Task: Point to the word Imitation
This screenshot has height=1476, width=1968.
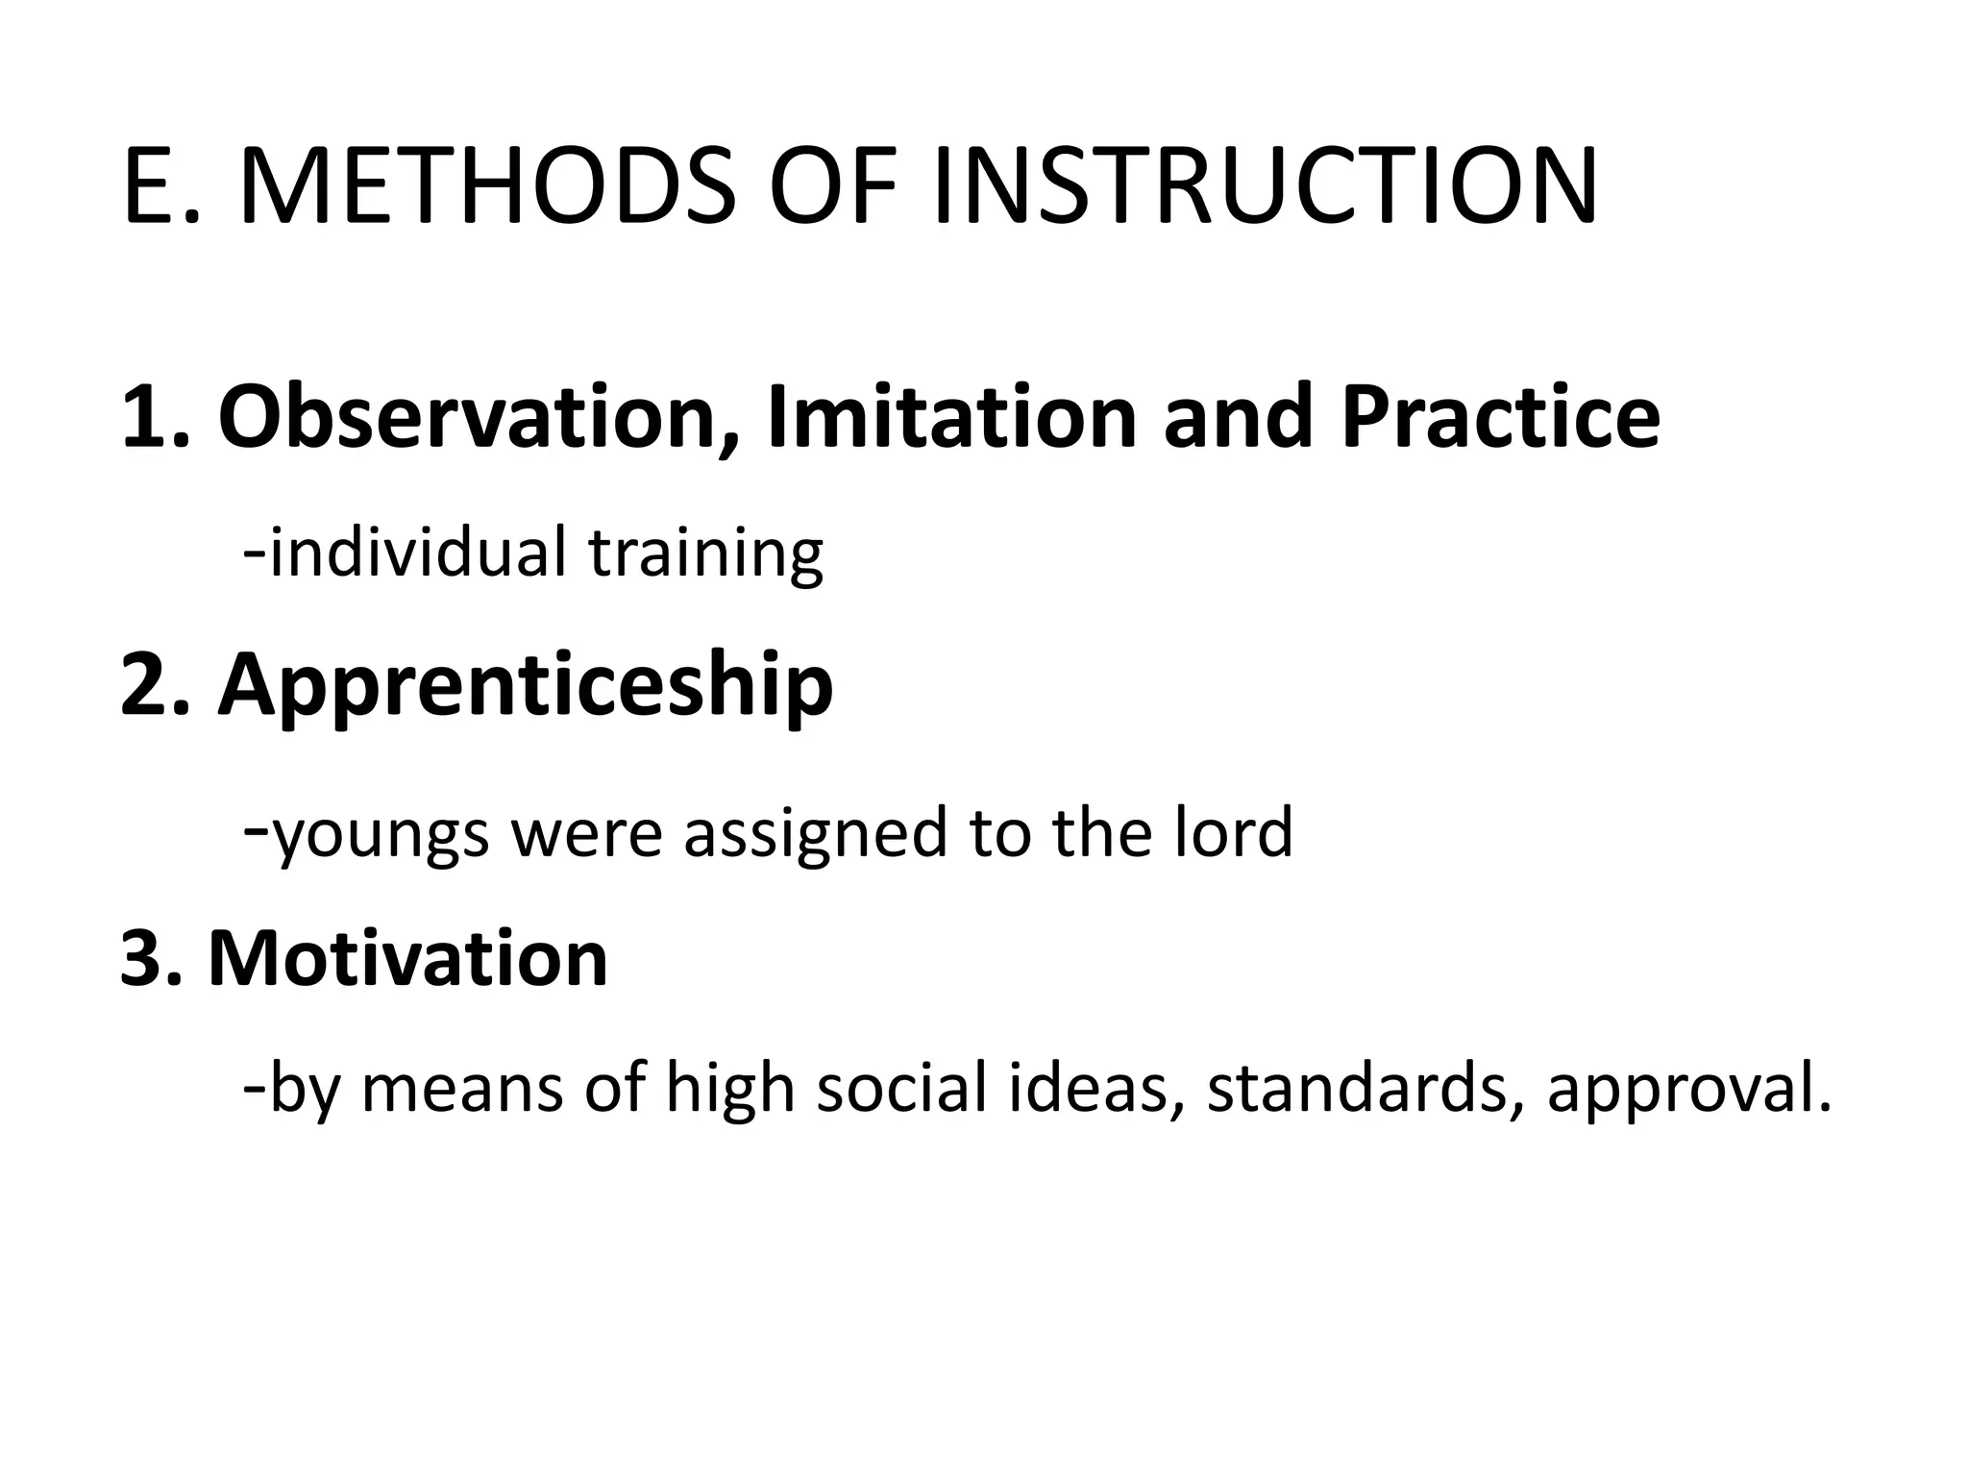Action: tap(951, 417)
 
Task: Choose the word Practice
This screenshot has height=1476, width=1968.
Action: tap(1500, 417)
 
